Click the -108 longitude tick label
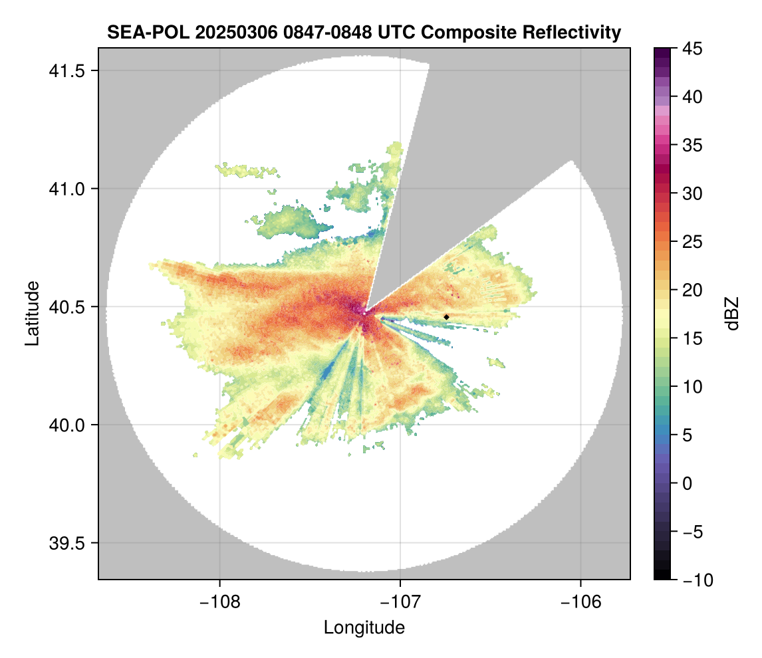pyautogui.click(x=219, y=602)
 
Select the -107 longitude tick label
pyautogui.click(x=400, y=602)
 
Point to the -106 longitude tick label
pyautogui.click(x=581, y=602)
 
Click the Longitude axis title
pyautogui.click(x=364, y=627)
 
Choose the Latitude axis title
pyautogui.click(x=32, y=313)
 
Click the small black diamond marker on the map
pyautogui.click(x=446, y=317)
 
